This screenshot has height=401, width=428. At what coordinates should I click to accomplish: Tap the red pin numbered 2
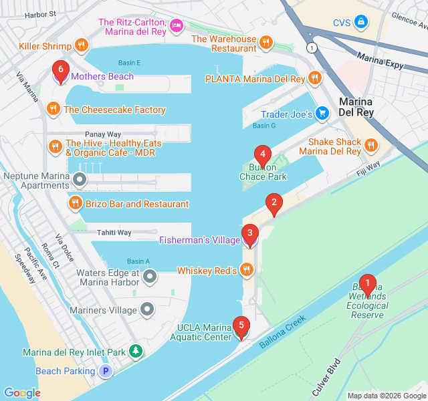point(273,203)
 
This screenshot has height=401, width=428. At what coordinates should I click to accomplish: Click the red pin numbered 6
point(61,70)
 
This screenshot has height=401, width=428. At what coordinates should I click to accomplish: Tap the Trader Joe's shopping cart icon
point(322,114)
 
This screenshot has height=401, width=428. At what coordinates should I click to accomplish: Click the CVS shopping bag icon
point(361,22)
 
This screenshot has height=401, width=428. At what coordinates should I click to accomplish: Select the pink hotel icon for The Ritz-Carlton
point(176,25)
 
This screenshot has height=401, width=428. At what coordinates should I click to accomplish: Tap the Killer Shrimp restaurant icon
point(82,45)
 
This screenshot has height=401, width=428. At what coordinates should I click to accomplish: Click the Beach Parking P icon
point(105,371)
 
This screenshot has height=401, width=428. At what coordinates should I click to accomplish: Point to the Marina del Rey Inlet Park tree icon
point(136,352)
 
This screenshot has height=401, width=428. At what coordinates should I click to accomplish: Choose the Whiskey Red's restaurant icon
point(247,270)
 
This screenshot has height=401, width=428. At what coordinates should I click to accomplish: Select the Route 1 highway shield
point(311,48)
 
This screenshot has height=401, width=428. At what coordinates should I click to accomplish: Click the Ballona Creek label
point(282,332)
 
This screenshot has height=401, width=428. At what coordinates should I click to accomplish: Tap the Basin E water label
point(130,63)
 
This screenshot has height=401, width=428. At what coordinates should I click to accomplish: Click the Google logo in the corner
point(22,393)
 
